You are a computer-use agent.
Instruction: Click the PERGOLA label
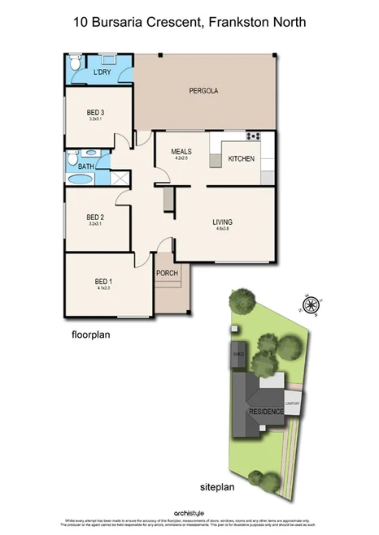[203, 90]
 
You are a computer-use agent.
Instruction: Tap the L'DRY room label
[102, 72]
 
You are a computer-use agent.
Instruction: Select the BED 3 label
[96, 112]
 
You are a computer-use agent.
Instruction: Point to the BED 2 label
[96, 217]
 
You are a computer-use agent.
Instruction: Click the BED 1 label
[102, 281]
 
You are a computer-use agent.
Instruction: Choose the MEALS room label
[181, 152]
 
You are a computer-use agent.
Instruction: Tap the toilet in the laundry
[74, 63]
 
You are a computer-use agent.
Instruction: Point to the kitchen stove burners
[253, 135]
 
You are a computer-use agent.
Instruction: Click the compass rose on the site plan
[310, 305]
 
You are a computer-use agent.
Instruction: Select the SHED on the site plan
[239, 355]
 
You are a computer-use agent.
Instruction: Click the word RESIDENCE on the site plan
[266, 412]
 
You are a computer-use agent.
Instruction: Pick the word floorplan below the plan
[89, 334]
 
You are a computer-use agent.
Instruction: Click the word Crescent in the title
[166, 23]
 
